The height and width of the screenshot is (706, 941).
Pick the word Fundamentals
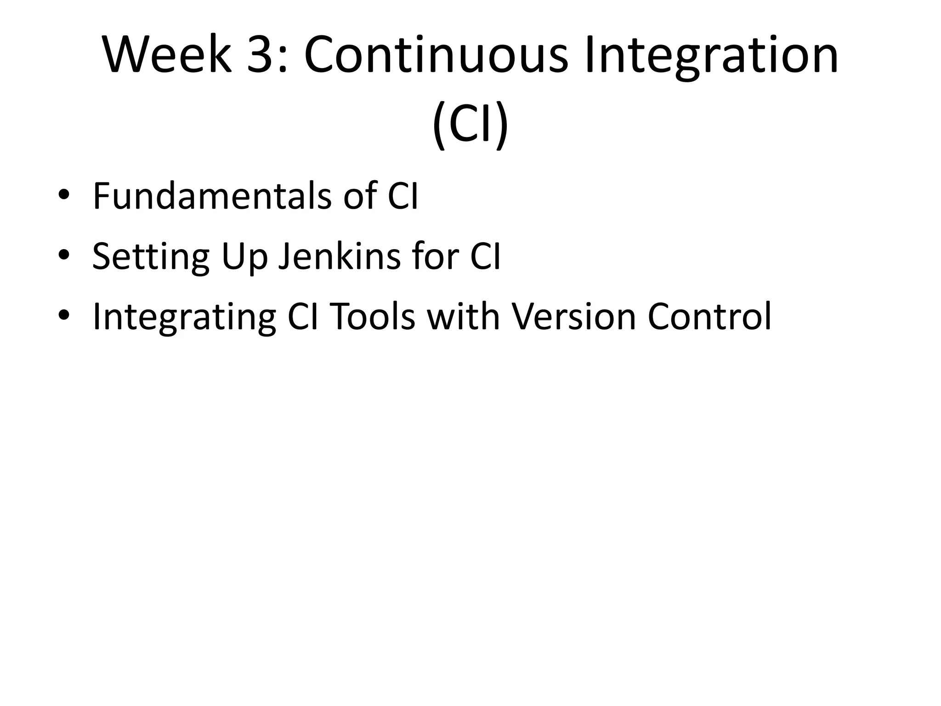pos(212,196)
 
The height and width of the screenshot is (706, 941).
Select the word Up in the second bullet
pos(244,256)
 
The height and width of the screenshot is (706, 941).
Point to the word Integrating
pos(184,317)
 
